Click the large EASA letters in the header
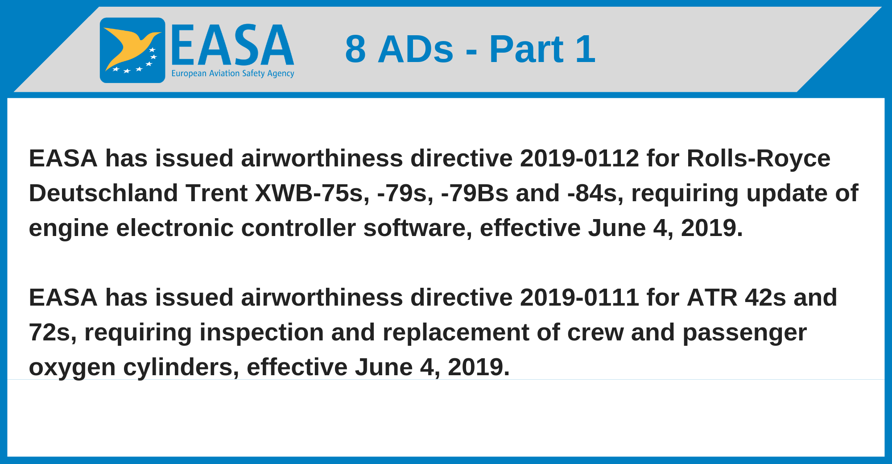click(232, 46)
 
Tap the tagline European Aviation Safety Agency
click(233, 74)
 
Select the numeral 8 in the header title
click(355, 49)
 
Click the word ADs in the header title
click(416, 49)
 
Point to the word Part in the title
click(526, 49)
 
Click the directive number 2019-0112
click(579, 158)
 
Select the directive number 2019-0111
click(579, 298)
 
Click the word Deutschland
click(103, 193)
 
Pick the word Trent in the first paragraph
click(217, 193)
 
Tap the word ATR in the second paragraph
click(712, 298)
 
